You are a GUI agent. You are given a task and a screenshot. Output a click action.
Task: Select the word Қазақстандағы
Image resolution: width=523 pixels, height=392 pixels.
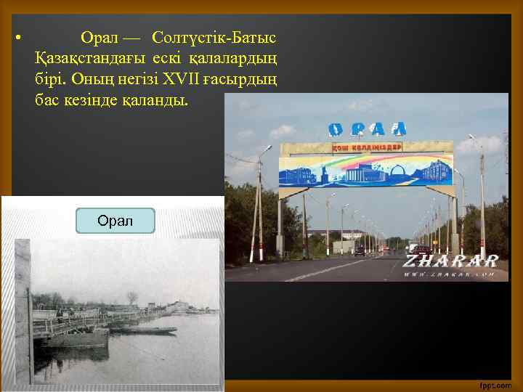click(x=89, y=57)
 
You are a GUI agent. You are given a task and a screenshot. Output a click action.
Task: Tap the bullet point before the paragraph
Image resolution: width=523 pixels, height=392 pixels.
click(x=17, y=37)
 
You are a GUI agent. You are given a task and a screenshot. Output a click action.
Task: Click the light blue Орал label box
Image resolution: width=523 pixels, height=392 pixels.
click(x=115, y=220)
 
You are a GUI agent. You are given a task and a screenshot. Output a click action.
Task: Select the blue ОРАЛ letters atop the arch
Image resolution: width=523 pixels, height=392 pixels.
click(x=367, y=129)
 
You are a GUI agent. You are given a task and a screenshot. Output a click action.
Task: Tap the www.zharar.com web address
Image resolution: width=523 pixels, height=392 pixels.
click(x=450, y=274)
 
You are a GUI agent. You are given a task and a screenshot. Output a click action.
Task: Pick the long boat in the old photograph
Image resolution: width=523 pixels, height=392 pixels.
click(x=145, y=330)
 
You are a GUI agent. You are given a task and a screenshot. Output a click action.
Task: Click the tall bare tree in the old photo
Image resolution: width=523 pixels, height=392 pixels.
click(x=131, y=298)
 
